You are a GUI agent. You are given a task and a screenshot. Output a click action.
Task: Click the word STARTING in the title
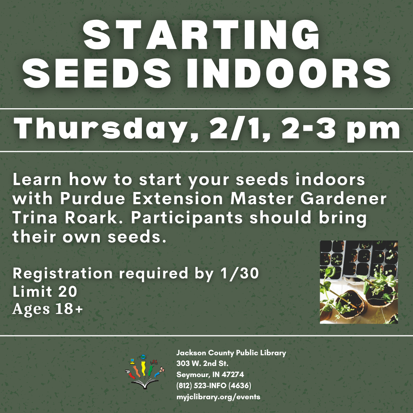pyautogui.click(x=202, y=35)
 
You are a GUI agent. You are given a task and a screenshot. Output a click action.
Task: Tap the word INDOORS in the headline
pyautogui.click(x=288, y=73)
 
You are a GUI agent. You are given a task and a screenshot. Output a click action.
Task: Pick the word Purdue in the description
pyautogui.click(x=93, y=198)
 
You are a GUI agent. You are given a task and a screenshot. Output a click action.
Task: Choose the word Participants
pyautogui.click(x=187, y=218)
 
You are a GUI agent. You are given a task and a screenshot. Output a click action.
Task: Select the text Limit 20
pyautogui.click(x=45, y=291)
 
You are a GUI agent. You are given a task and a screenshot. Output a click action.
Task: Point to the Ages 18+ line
pyautogui.click(x=48, y=309)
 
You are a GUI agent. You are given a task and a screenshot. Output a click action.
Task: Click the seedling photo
pyautogui.click(x=359, y=282)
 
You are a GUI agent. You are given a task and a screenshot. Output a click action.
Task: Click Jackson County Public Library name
pyautogui.click(x=231, y=353)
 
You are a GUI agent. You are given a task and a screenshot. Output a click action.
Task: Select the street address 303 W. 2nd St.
pyautogui.click(x=202, y=364)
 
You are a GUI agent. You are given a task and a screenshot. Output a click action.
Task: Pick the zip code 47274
pyautogui.click(x=233, y=374)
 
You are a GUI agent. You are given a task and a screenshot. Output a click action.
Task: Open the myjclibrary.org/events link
pyautogui.click(x=218, y=397)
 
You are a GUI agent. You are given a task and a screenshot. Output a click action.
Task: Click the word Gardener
pyautogui.click(x=343, y=198)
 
